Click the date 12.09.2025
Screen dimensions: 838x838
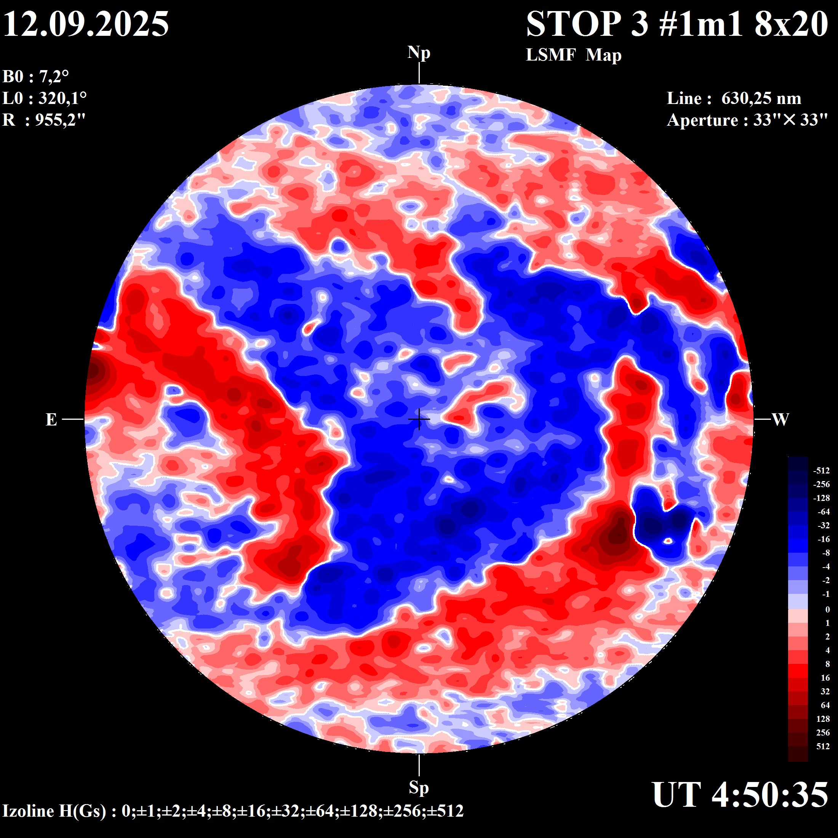(86, 24)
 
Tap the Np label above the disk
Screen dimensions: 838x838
(419, 53)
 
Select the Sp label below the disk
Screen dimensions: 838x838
(419, 787)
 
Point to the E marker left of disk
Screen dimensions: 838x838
(51, 419)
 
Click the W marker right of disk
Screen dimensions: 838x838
(780, 419)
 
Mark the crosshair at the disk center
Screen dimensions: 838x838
(419, 419)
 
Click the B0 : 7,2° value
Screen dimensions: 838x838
(35, 77)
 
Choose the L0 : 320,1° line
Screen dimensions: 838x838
(44, 98)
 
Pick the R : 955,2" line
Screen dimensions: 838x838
(44, 120)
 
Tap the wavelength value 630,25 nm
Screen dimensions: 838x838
(761, 98)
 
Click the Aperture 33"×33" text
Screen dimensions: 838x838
(747, 120)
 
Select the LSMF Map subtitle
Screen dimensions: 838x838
(573, 55)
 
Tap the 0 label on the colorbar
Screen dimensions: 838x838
(827, 609)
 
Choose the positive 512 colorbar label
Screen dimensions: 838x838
(823, 746)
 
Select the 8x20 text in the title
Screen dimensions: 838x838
(791, 24)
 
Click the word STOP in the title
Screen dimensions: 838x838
(573, 24)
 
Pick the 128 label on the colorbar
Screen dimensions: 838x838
(823, 719)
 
